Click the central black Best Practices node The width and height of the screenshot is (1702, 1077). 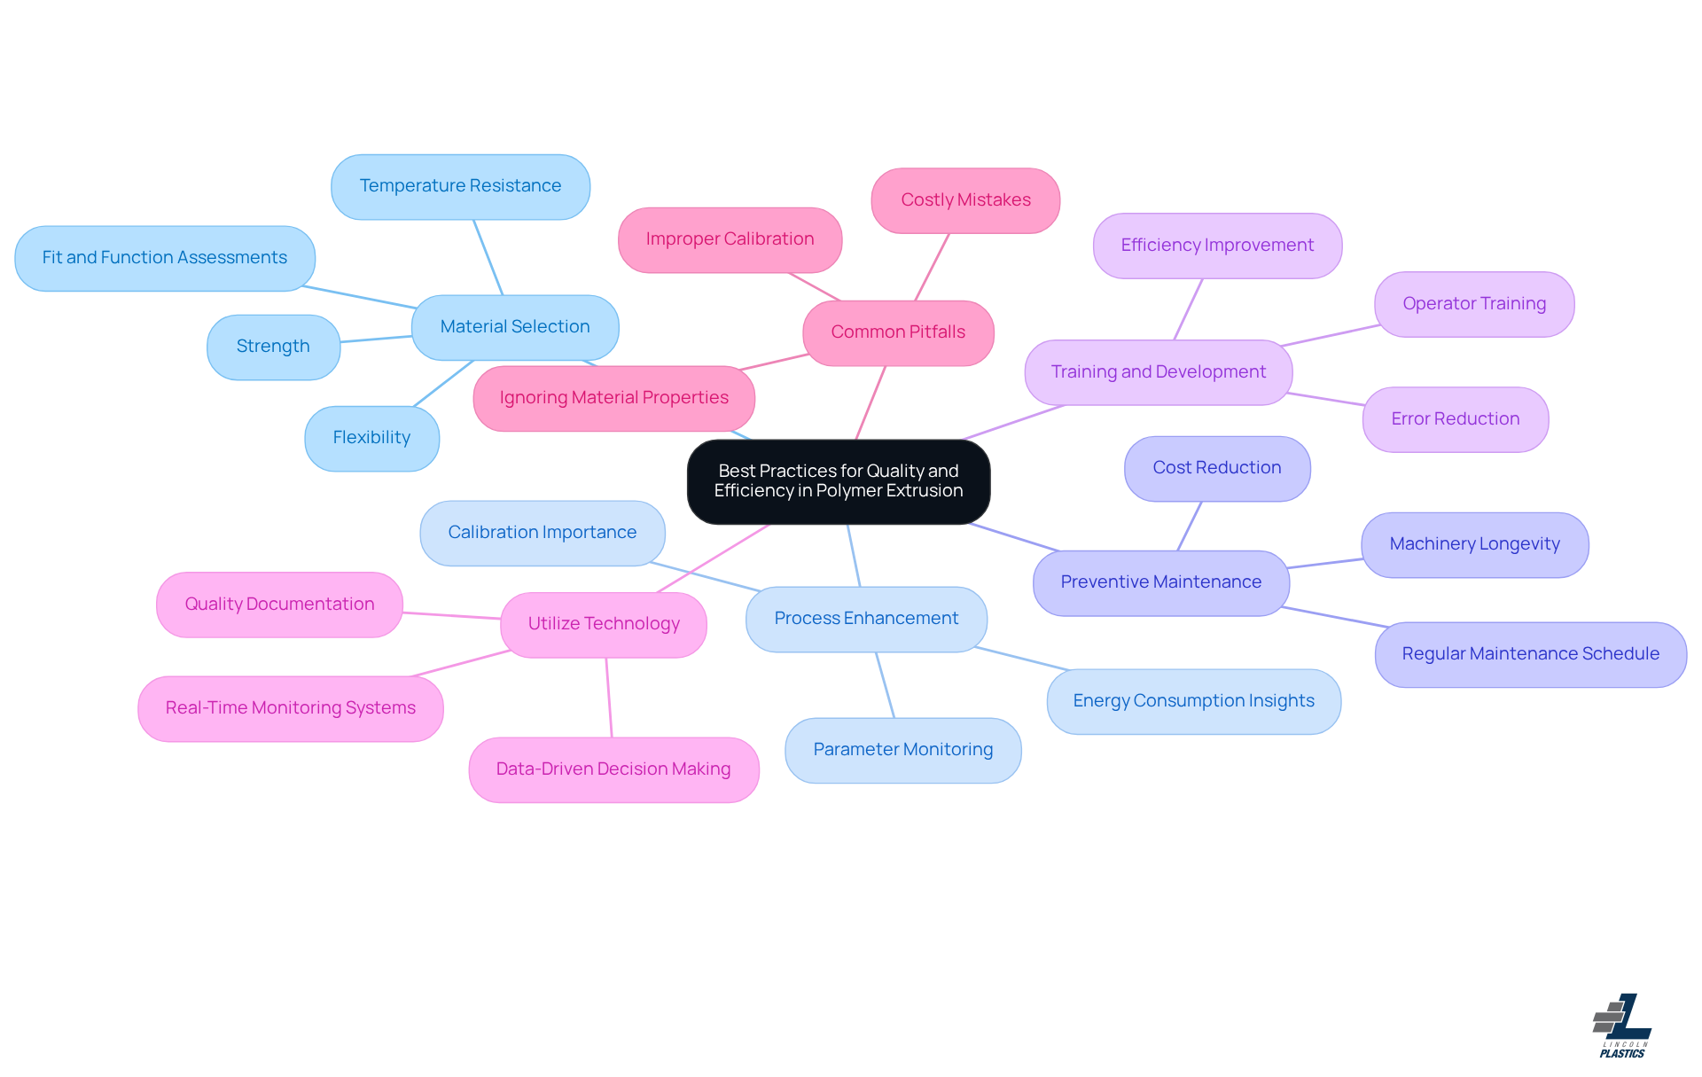pos(838,481)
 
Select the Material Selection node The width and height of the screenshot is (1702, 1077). pos(514,327)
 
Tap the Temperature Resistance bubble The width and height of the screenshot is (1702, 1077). pos(460,186)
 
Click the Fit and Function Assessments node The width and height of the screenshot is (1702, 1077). pos(164,258)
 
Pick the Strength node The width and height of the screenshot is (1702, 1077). pos(273,347)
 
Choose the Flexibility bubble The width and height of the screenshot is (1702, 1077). pos(371,438)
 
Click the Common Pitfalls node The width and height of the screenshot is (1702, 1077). pos(897,332)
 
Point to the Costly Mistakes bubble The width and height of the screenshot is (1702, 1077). pos(965,200)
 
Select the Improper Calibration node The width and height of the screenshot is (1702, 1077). pos(730,239)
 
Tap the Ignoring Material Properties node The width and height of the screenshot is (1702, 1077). pos(613,398)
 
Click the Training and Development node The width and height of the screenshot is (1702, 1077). pos(1158,372)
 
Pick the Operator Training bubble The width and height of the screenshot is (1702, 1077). pos(1473,304)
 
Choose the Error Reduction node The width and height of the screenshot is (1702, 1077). pos(1455,419)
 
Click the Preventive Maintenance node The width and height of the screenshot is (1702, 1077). pos(1160,582)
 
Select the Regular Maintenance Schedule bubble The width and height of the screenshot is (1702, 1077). pos(1530,654)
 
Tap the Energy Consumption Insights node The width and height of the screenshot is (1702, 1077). pos(1193,701)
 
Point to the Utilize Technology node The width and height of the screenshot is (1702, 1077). pos(604,624)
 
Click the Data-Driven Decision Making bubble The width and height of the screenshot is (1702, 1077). pos(613,769)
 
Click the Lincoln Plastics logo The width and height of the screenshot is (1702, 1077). pos(1622,1026)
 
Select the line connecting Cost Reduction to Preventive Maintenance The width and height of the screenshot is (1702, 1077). pos(1190,526)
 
